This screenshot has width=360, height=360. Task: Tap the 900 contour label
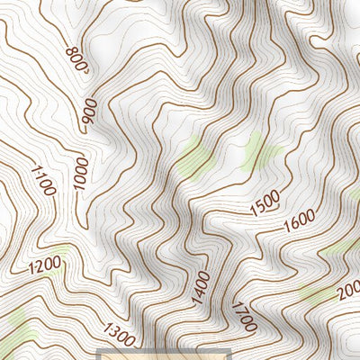point(89,111)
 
